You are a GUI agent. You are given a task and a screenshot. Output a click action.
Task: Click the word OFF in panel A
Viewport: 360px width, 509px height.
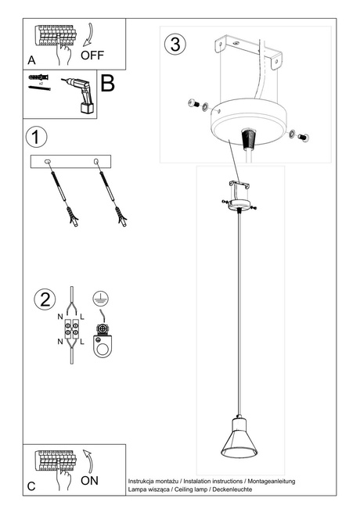92,56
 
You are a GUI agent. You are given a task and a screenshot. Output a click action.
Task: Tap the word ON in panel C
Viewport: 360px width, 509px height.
89,480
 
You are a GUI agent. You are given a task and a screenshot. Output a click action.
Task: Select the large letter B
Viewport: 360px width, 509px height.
108,84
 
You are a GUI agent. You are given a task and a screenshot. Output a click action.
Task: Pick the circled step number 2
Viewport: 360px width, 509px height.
45,299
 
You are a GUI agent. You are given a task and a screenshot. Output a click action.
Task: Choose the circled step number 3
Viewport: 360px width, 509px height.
175,44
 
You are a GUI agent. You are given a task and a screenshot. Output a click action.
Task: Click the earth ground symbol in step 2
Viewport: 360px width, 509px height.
99,298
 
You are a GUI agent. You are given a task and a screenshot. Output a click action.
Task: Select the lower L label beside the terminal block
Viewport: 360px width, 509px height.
82,342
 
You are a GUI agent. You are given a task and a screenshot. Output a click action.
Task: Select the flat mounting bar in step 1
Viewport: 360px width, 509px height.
72,161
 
